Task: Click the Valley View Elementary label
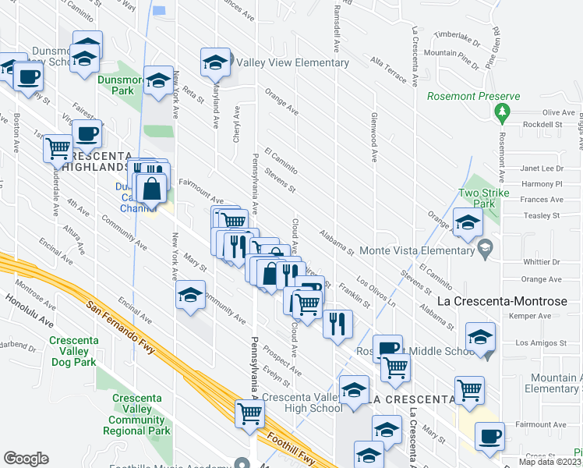(x=292, y=62)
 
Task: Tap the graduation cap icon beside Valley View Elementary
(x=215, y=62)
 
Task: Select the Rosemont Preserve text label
(x=473, y=97)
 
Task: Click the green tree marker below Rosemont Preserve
(x=502, y=114)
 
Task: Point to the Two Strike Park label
(x=484, y=198)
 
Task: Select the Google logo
(x=26, y=459)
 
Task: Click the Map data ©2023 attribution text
(x=539, y=462)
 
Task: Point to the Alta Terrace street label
(x=388, y=69)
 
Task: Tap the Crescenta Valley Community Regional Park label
(x=141, y=414)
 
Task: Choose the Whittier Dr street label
(x=541, y=261)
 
